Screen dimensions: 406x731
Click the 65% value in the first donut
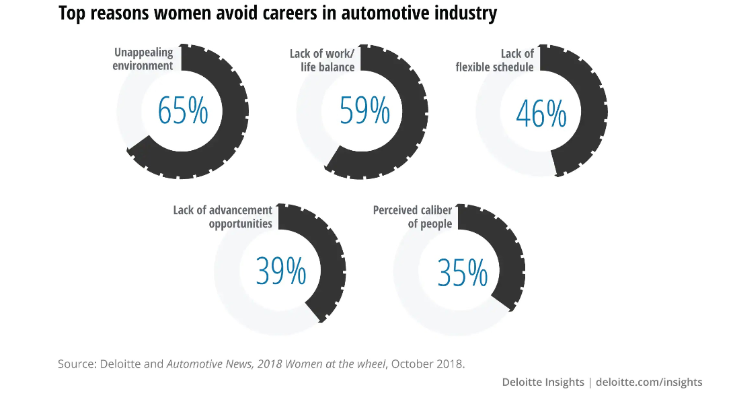pos(183,111)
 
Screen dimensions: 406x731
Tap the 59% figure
pos(364,111)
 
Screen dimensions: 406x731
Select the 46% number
pos(541,114)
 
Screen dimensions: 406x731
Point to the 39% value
pos(280,271)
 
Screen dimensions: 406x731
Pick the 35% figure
pos(462,273)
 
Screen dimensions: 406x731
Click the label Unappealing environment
pos(143,59)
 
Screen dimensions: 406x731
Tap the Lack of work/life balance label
pos(322,60)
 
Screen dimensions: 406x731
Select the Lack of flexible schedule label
pos(495,60)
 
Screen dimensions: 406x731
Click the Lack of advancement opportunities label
pos(223,217)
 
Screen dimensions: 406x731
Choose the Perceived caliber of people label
pos(412,217)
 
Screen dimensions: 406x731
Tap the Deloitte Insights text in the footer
pos(543,382)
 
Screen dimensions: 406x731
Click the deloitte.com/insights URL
pos(649,382)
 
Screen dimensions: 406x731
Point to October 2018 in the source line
pos(427,364)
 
